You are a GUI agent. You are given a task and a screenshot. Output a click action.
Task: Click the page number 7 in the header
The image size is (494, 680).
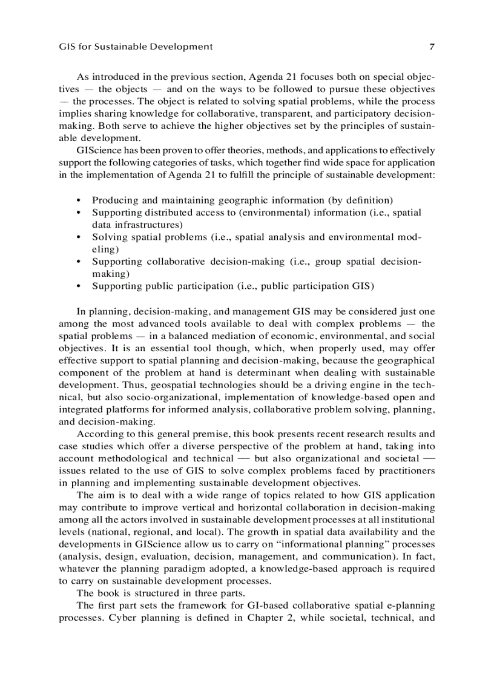(x=432, y=47)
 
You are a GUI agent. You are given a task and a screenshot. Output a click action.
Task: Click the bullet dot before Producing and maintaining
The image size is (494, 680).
(x=79, y=200)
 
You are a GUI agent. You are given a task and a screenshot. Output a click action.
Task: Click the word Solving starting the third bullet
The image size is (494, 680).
(x=108, y=237)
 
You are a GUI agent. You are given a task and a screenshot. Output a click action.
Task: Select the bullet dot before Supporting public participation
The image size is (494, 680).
(x=79, y=286)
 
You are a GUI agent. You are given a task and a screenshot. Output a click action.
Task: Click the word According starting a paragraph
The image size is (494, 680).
(x=99, y=434)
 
